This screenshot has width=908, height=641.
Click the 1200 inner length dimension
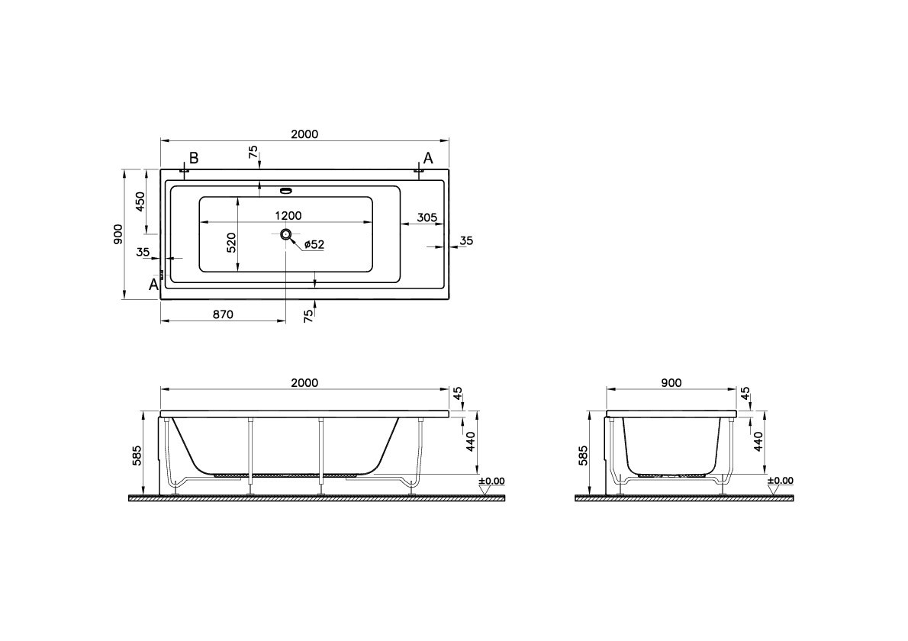(288, 215)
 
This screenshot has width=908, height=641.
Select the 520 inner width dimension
(231, 242)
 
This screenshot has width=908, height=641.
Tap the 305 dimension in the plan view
(427, 217)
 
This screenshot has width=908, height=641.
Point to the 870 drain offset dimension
(222, 314)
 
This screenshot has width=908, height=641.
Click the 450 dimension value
(140, 201)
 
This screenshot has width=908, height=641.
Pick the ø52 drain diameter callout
(314, 245)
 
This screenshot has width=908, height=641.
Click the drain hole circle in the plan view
(286, 234)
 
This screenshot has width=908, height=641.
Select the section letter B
(194, 157)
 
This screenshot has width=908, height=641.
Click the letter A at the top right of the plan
(428, 157)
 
